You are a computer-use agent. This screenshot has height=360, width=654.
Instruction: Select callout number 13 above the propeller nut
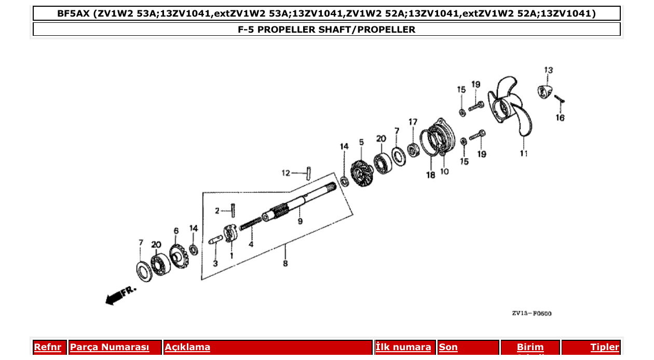548,70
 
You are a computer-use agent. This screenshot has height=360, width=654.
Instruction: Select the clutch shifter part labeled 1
229,233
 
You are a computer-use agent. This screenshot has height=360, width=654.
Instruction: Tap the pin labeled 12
308,172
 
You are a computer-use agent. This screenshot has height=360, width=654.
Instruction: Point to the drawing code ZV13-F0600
532,313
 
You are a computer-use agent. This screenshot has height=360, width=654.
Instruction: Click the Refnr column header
47,347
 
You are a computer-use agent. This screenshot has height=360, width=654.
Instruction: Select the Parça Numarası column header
110,347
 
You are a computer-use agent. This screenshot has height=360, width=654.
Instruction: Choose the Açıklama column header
187,347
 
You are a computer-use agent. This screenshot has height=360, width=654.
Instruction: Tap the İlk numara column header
403,347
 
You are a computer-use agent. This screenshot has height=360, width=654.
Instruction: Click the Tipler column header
604,347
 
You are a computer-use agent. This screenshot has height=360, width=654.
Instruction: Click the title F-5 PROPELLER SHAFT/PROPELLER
326,29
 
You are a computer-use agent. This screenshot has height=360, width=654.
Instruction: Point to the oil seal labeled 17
414,150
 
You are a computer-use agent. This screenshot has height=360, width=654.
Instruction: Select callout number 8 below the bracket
285,264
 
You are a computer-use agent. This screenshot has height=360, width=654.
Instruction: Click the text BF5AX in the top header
74,13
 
